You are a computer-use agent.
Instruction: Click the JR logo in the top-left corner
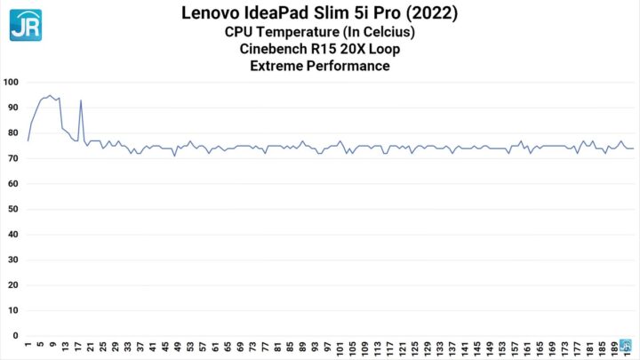coord(25,24)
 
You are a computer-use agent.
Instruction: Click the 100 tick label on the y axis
coord(12,83)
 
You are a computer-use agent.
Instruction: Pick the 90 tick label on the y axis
coord(12,108)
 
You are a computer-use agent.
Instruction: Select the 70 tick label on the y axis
coord(12,159)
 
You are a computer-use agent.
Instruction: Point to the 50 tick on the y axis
coord(12,210)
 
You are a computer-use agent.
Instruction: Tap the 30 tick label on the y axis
coord(12,260)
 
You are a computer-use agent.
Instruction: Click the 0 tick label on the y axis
coord(15,337)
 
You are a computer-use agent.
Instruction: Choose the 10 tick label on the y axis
coord(12,311)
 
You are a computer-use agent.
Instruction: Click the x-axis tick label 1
coord(28,346)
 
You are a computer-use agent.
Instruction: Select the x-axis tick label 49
coord(178,348)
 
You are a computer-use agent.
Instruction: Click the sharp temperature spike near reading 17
coord(81,100)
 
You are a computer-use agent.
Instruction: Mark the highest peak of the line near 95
coord(50,95)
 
